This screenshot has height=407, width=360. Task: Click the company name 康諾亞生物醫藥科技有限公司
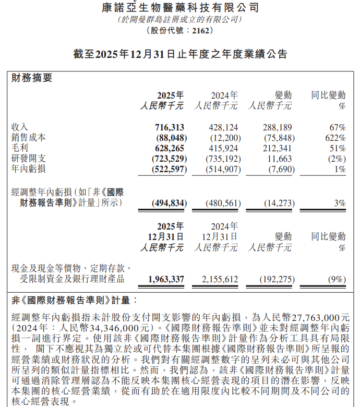point(180,7)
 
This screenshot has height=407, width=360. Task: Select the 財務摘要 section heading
point(32,78)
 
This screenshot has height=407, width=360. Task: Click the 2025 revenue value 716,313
point(170,127)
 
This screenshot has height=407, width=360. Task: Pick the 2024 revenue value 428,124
point(223,127)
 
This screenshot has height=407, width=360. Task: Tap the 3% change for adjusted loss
point(340,203)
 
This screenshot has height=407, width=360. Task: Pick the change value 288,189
point(277,127)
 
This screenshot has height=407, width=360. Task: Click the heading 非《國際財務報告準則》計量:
point(75,301)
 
